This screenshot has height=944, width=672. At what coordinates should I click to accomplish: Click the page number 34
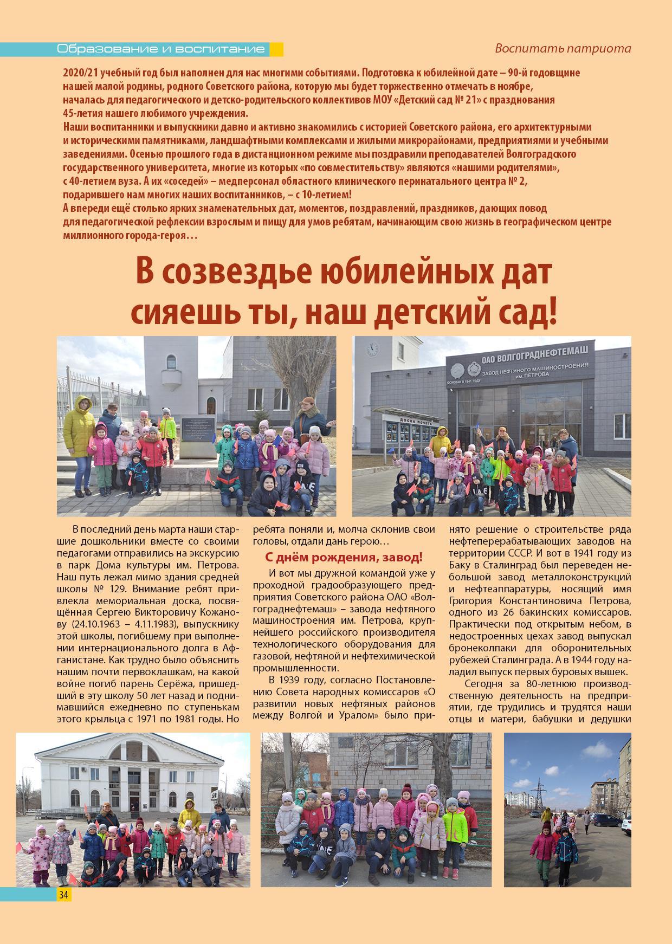[x=63, y=895]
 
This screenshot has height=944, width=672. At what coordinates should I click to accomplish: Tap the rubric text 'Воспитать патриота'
[x=563, y=48]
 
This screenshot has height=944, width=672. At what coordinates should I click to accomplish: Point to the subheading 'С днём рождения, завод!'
[x=344, y=558]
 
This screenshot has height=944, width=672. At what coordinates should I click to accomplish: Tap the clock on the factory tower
[x=373, y=347]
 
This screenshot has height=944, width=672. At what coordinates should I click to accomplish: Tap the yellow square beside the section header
[x=276, y=49]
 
